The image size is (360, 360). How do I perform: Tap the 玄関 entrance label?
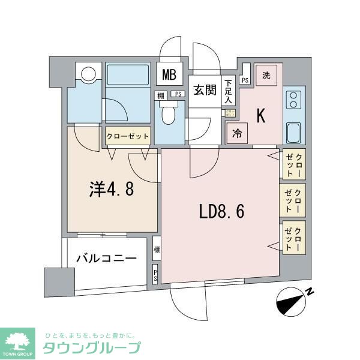(205, 90)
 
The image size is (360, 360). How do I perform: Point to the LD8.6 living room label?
(221, 211)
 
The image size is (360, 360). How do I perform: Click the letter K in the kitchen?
(262, 116)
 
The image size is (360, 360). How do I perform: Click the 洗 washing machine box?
(266, 76)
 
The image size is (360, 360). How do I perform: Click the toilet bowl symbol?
(169, 115)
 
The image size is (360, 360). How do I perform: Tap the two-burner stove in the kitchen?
(294, 99)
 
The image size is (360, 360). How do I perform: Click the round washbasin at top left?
(88, 74)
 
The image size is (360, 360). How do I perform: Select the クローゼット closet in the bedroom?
(127, 137)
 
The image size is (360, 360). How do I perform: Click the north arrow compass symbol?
(293, 299)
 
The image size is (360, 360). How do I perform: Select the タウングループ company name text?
(91, 347)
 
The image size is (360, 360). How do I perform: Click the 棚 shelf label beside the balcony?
(157, 249)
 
